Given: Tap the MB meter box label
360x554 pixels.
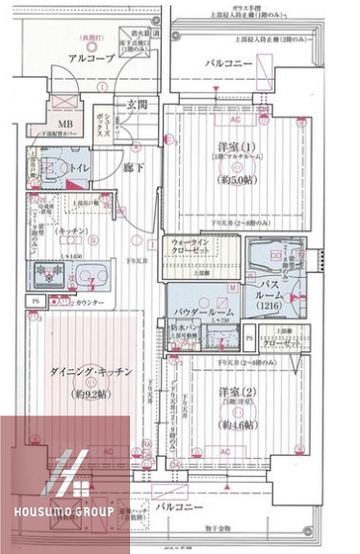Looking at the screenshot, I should (65, 125).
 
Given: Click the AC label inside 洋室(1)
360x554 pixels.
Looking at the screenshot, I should (234, 124).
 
